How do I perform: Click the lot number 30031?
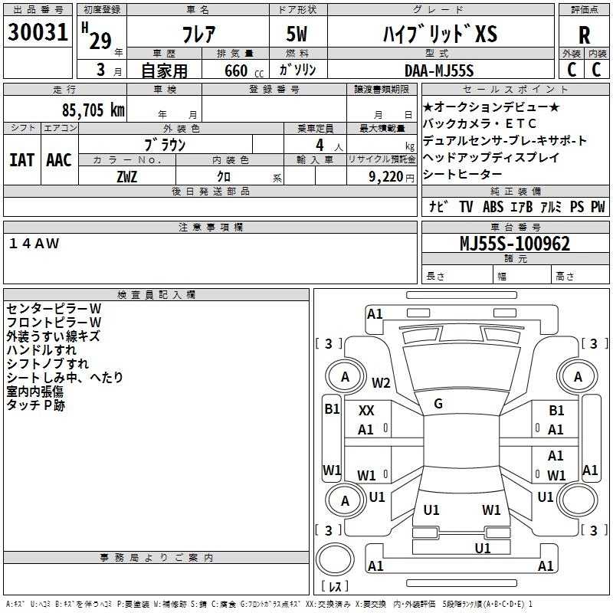(x=38, y=33)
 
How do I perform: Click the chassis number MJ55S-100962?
(x=514, y=244)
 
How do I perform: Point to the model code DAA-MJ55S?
(x=439, y=70)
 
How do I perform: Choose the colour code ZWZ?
(x=127, y=176)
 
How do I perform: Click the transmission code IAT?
(x=21, y=160)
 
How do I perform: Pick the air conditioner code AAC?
(x=59, y=160)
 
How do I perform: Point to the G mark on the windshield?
(x=438, y=404)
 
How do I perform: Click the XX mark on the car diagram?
(x=366, y=411)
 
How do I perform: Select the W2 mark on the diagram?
(x=381, y=383)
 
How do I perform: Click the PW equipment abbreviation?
(x=598, y=207)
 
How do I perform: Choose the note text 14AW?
(x=34, y=243)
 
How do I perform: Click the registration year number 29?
(x=100, y=41)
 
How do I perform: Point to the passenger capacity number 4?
(x=318, y=144)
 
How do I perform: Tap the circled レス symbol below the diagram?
(x=335, y=588)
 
